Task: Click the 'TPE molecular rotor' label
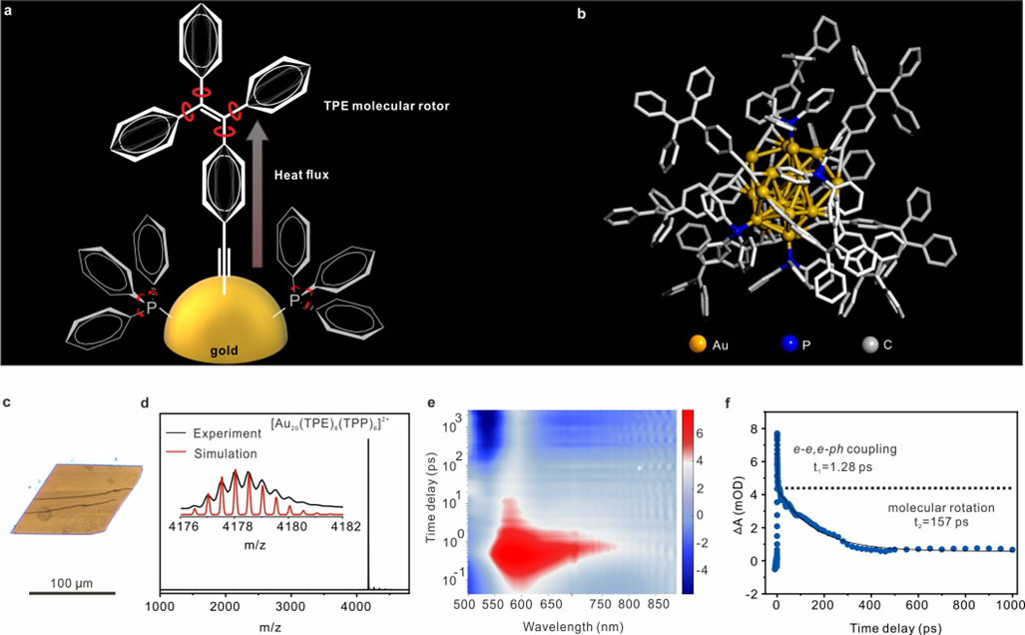click(x=351, y=106)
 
